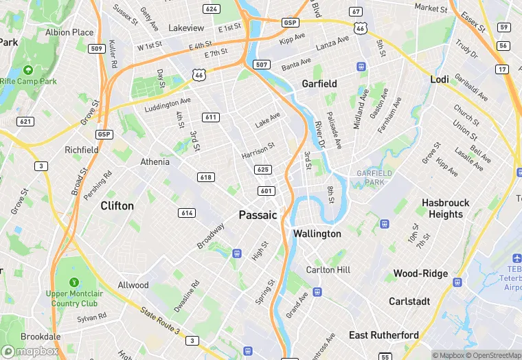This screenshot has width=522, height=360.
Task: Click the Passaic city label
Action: (258, 215)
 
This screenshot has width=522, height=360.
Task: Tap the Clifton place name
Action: (117, 205)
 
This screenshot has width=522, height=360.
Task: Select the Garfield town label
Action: (319, 84)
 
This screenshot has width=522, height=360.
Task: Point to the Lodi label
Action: (440, 80)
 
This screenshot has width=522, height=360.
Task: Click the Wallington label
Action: (317, 234)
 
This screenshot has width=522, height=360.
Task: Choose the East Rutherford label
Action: (384, 335)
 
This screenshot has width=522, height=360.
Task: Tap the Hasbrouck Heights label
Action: (446, 208)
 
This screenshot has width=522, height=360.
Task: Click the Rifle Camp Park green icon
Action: (28, 70)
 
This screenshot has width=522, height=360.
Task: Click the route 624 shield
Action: (212, 9)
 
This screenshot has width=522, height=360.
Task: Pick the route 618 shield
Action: (205, 177)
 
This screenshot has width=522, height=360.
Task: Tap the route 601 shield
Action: (266, 190)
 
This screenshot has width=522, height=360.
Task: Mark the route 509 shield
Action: (97, 49)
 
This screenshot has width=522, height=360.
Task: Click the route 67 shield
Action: (355, 12)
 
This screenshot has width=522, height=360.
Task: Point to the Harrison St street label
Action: (258, 151)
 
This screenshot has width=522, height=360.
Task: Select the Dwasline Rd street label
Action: (186, 296)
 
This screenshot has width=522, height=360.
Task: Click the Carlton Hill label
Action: (328, 270)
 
